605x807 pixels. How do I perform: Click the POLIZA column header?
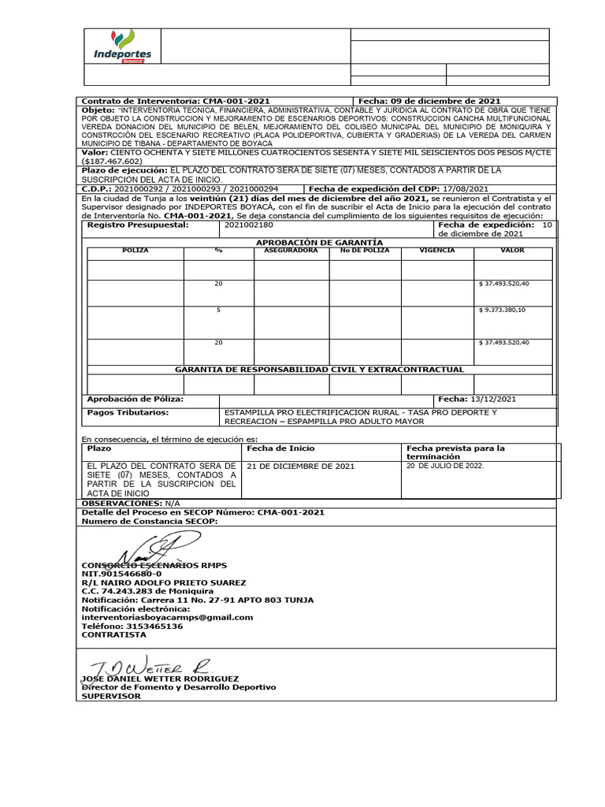click(x=135, y=250)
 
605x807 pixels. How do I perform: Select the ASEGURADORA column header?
click(x=291, y=250)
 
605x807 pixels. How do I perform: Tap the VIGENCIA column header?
click(x=437, y=250)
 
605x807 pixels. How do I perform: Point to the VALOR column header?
click(x=512, y=250)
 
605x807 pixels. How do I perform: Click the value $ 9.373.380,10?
click(x=503, y=310)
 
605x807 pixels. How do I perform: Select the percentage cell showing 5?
click(x=218, y=310)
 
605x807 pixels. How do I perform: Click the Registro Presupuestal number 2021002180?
click(x=247, y=225)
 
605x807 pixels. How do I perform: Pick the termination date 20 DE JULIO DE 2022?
click(x=445, y=466)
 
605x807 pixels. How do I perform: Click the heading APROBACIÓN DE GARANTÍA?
click(x=319, y=241)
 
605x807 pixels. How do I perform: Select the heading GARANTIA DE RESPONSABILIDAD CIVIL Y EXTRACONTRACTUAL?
click(x=319, y=369)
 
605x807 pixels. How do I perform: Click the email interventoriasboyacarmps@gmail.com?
click(x=168, y=617)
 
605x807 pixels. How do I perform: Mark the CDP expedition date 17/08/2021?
click(x=466, y=189)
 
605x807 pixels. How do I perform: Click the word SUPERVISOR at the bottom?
click(x=111, y=696)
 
